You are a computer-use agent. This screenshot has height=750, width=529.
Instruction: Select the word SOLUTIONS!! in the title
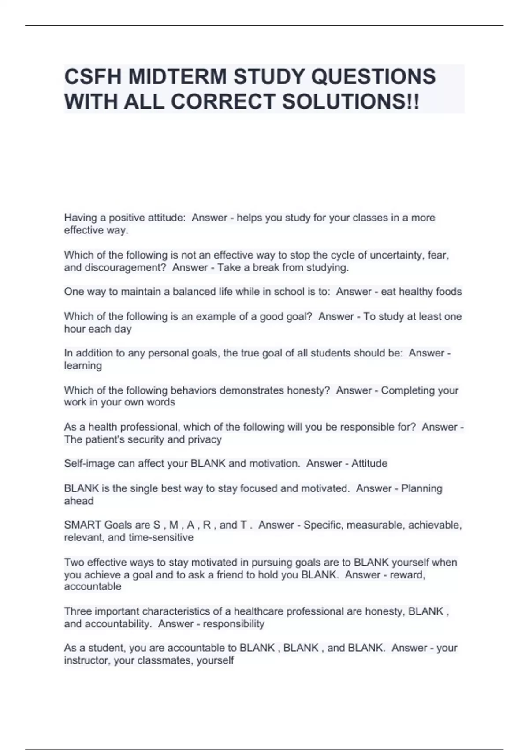351,102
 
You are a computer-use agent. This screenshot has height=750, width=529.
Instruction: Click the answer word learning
83,365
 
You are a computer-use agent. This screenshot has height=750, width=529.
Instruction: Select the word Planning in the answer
421,488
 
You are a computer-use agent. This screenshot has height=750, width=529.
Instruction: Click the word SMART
83,525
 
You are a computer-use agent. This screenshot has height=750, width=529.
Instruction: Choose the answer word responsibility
233,624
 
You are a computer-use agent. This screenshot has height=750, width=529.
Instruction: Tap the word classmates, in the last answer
165,660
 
